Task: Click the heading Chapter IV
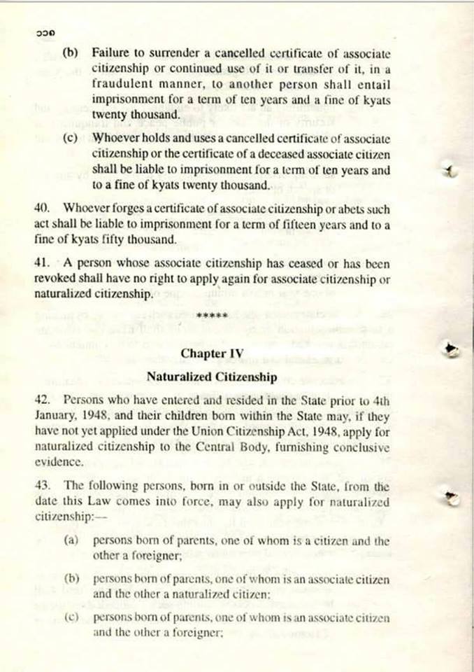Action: (212, 353)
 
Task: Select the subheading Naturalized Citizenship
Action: (212, 377)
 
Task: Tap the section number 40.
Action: (41, 209)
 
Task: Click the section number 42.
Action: (41, 402)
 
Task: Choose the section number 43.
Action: (41, 485)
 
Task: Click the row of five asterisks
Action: (212, 316)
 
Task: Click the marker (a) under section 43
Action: (71, 541)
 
